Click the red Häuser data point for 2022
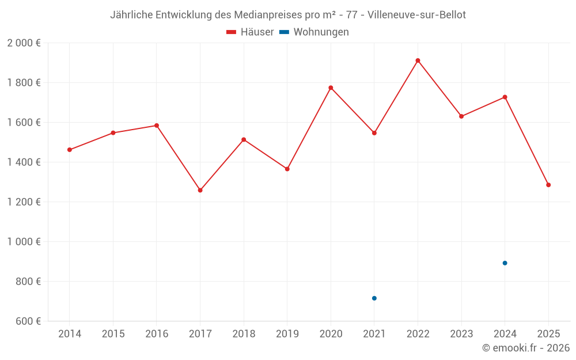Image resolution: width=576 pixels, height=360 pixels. (418, 60)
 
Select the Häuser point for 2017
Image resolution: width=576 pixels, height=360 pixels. (200, 190)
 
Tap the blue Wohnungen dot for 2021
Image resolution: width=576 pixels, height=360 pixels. (374, 298)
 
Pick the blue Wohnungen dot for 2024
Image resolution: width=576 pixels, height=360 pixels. (505, 263)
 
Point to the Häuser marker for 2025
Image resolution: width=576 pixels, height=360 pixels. (548, 185)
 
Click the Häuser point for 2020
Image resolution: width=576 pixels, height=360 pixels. (331, 88)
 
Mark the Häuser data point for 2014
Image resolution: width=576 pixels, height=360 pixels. (70, 150)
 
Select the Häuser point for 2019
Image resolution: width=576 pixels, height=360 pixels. (287, 169)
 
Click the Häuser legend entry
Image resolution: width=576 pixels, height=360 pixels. (250, 32)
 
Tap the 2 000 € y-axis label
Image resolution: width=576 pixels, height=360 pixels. (24, 43)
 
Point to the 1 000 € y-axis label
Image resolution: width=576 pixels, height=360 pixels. (24, 242)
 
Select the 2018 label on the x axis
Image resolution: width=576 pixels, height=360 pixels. (244, 334)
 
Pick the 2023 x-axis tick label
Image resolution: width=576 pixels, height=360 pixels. (461, 334)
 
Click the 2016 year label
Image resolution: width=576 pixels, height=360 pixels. (157, 334)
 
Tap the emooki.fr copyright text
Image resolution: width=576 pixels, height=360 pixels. (526, 348)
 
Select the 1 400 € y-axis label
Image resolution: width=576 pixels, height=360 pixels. (24, 162)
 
